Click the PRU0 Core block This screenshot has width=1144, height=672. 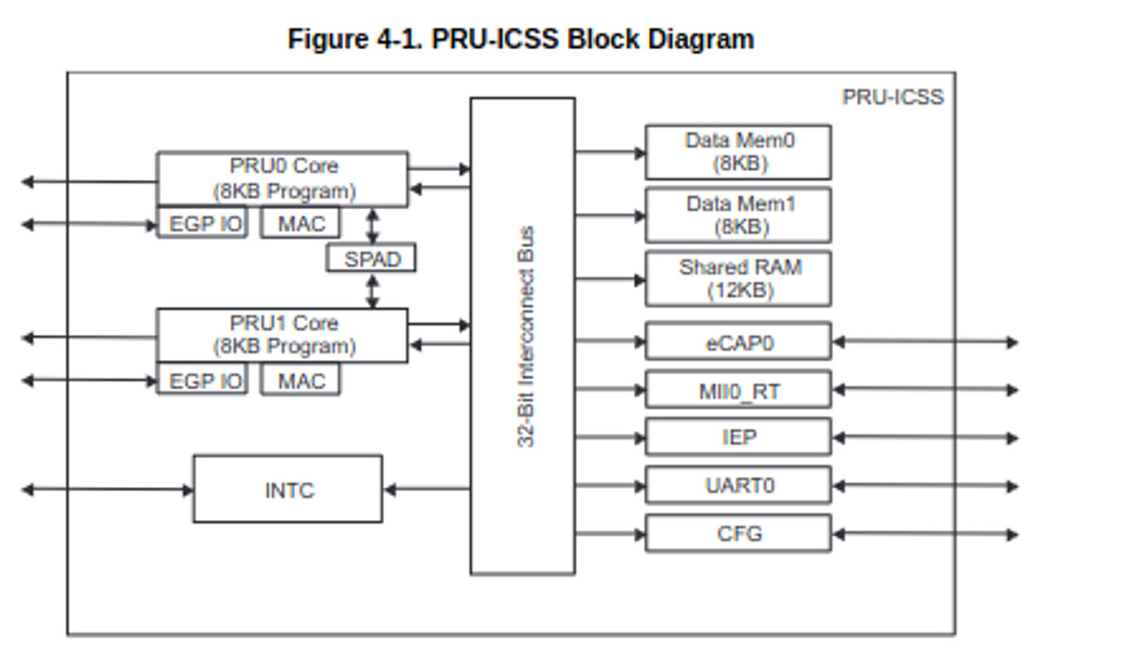point(283,178)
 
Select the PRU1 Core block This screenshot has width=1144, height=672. point(283,335)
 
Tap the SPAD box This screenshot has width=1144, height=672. point(371,259)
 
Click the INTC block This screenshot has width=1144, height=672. point(288,489)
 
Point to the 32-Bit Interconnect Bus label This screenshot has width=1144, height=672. point(526,336)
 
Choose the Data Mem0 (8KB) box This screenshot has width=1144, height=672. point(738,152)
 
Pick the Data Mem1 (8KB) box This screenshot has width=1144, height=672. point(738,216)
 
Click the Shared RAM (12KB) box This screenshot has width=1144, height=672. point(738,280)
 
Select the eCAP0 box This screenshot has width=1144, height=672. point(738,342)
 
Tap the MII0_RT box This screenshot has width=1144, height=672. point(738,390)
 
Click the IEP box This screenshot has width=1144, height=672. point(738,437)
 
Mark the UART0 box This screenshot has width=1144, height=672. point(738,485)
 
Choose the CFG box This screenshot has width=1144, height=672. point(738,533)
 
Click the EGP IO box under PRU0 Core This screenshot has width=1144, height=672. point(203,223)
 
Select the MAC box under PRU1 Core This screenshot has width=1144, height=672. point(300,381)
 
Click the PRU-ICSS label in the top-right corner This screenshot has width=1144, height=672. point(893,97)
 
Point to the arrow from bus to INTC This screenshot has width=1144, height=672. point(427,489)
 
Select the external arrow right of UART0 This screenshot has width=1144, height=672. point(924,486)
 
